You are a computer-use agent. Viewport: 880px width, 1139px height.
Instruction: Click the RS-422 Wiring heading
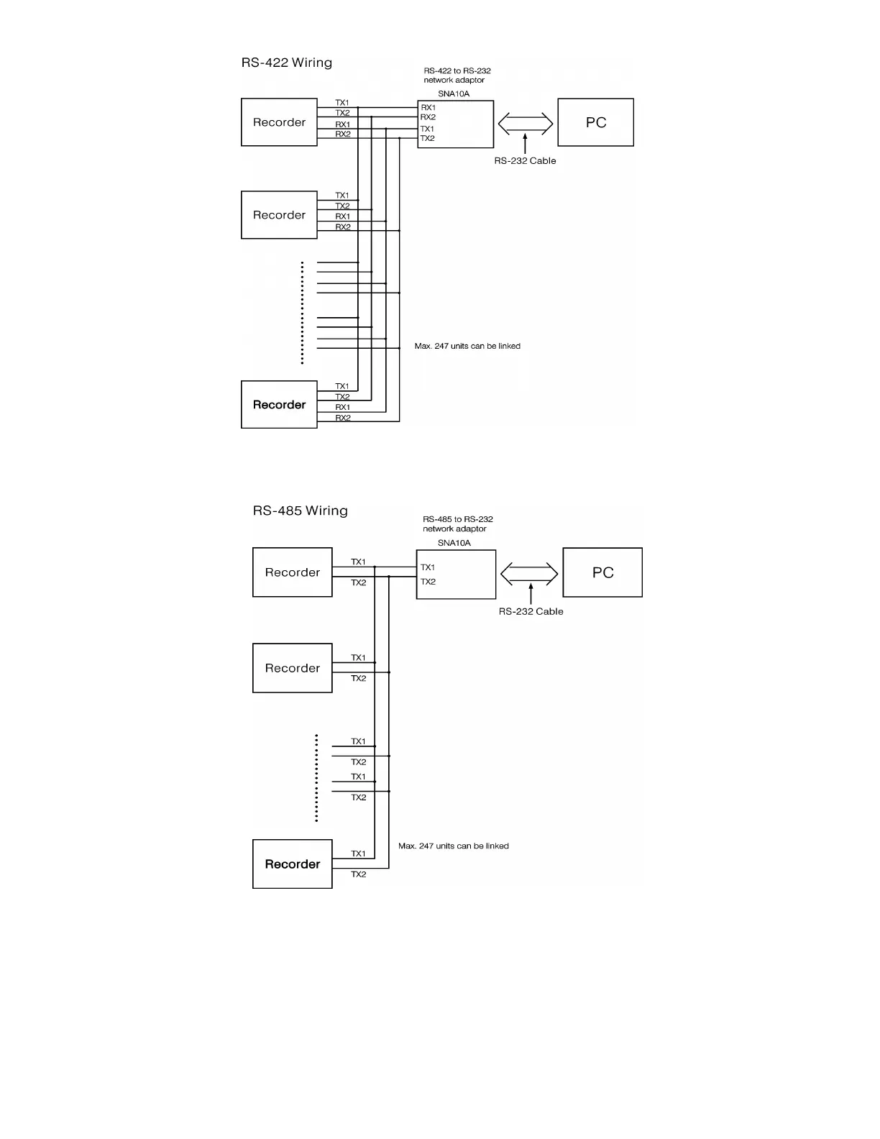[x=286, y=63]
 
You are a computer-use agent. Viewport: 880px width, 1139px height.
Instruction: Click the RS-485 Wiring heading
[x=300, y=511]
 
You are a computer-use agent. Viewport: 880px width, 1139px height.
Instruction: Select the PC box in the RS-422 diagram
[x=595, y=122]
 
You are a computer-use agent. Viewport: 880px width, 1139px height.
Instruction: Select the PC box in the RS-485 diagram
[x=602, y=572]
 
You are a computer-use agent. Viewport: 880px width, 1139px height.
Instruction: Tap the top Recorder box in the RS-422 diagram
[x=279, y=122]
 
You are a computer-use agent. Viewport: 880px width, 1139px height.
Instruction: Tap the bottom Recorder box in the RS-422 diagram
[x=279, y=405]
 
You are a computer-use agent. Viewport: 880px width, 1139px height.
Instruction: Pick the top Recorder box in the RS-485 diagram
[x=292, y=572]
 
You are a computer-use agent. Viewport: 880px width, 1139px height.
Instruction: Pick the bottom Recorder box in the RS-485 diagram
[x=292, y=864]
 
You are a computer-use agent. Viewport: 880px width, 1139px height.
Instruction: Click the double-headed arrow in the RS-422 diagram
[x=526, y=124]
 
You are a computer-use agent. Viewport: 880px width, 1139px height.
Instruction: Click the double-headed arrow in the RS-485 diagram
[x=529, y=573]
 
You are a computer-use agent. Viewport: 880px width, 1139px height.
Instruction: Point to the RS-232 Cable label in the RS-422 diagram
[x=525, y=161]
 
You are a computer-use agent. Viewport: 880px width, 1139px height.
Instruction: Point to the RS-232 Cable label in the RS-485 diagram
[x=531, y=612]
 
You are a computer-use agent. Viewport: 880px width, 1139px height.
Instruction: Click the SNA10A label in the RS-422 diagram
[x=454, y=94]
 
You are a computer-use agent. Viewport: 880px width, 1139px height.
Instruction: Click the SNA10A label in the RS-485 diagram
[x=454, y=544]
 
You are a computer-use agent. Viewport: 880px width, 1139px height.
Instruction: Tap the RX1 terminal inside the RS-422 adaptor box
[x=428, y=108]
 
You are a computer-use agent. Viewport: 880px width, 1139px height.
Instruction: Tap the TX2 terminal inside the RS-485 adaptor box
[x=428, y=582]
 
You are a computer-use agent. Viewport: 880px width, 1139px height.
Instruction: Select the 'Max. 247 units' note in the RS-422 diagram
[x=467, y=347]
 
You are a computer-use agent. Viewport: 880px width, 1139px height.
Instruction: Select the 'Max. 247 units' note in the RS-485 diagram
[x=454, y=846]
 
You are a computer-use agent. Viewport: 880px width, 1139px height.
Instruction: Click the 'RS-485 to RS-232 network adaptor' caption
[x=458, y=524]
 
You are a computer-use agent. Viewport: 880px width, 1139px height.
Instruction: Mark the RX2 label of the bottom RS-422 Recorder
[x=343, y=418]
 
